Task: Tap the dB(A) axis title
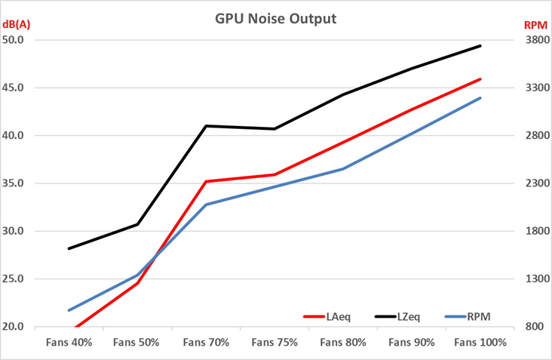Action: pyautogui.click(x=16, y=24)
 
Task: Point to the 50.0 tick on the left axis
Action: pyautogui.click(x=23, y=40)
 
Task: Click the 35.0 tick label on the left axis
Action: pyautogui.click(x=23, y=183)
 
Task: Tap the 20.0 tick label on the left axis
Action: pyautogui.click(x=23, y=327)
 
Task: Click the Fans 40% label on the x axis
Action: pyautogui.click(x=69, y=342)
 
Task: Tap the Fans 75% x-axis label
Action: pyautogui.click(x=274, y=342)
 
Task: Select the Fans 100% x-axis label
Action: pyautogui.click(x=480, y=342)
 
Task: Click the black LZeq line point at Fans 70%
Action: pyautogui.click(x=206, y=126)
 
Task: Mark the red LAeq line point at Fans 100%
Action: pyautogui.click(x=480, y=79)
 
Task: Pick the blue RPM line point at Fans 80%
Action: pyautogui.click(x=343, y=168)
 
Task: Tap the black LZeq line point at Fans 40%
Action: pyautogui.click(x=69, y=248)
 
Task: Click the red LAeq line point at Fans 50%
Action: pyautogui.click(x=138, y=283)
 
